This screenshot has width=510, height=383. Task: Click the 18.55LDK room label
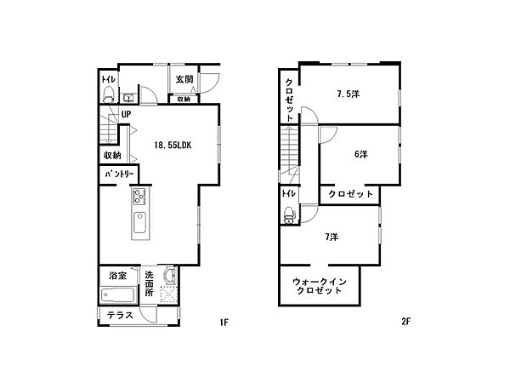(173, 146)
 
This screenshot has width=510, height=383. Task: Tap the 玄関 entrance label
(184, 79)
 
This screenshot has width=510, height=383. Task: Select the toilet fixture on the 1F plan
(108, 94)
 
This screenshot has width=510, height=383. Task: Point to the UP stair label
(126, 114)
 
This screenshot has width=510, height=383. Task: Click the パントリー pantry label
(119, 174)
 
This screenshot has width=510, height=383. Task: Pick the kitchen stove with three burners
(139, 196)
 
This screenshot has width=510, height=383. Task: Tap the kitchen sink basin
(140, 222)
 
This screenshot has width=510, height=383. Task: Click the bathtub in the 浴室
(118, 295)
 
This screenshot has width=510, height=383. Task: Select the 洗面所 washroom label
(149, 283)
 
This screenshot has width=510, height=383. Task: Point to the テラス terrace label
(120, 315)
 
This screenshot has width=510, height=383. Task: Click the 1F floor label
(224, 323)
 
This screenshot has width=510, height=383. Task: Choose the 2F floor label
(406, 322)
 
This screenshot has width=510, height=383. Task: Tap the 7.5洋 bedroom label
(348, 94)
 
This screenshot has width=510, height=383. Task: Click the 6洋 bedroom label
(360, 154)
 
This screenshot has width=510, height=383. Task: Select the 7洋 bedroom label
(331, 237)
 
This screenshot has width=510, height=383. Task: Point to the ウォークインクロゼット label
(319, 286)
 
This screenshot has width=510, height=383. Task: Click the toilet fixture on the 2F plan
(290, 214)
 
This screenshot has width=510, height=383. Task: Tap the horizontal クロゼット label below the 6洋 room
(350, 194)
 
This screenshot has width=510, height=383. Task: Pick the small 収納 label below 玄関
(184, 100)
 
